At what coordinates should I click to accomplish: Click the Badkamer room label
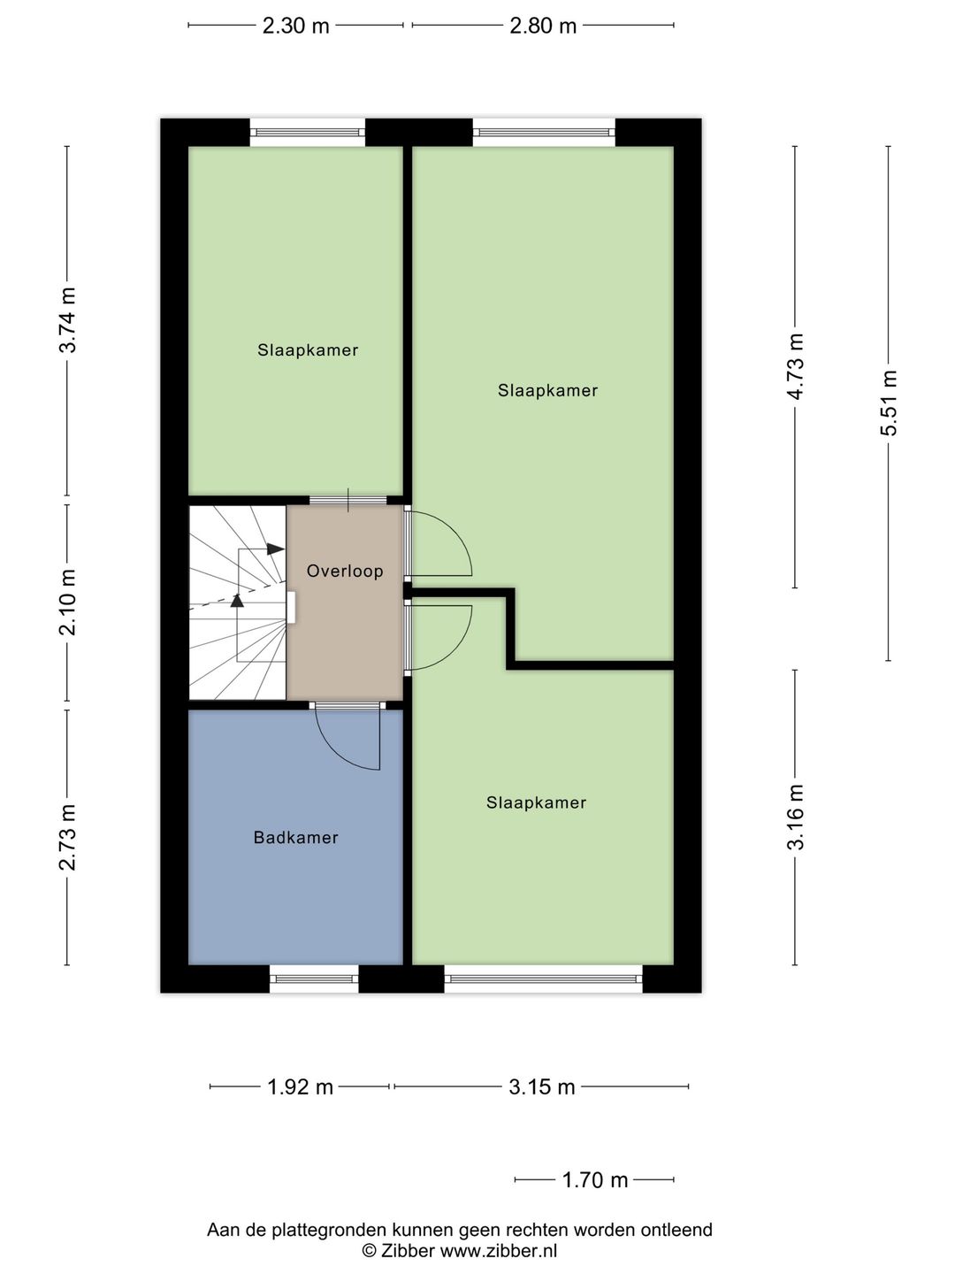(x=295, y=837)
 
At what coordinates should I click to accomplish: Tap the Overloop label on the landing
(x=345, y=571)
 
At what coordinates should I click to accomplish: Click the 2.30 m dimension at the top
(x=295, y=26)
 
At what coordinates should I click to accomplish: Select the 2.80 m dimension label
(x=543, y=26)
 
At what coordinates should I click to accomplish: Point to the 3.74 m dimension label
(x=68, y=320)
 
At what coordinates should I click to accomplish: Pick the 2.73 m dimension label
(x=68, y=837)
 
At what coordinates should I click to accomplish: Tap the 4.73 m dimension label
(x=796, y=366)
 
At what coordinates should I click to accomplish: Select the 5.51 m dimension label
(x=889, y=403)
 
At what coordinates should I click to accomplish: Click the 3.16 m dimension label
(x=796, y=817)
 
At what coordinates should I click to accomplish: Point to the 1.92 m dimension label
(x=300, y=1086)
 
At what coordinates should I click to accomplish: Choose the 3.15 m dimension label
(x=541, y=1086)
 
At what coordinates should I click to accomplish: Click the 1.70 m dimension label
(x=594, y=1179)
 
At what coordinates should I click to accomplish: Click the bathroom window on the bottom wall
(x=314, y=979)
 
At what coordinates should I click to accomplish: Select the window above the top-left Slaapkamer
(x=307, y=133)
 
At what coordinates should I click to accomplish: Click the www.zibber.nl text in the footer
(x=498, y=1250)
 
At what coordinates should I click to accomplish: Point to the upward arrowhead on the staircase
(x=236, y=601)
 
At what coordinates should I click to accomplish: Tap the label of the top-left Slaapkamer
(x=308, y=349)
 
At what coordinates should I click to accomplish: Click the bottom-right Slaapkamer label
(x=536, y=802)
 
